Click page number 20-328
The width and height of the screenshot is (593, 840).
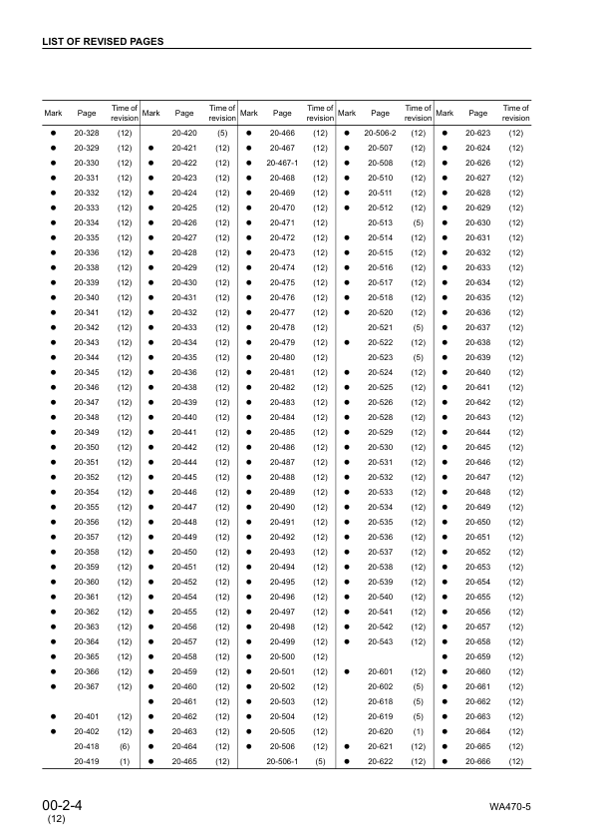click(87, 133)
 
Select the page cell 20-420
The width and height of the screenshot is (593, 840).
click(184, 133)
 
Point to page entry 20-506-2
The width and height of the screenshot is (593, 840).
click(380, 133)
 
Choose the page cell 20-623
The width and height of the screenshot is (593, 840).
click(477, 133)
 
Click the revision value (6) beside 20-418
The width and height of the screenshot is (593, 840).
click(125, 746)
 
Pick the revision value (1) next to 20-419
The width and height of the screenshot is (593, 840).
click(125, 761)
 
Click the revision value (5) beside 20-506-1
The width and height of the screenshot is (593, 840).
click(320, 761)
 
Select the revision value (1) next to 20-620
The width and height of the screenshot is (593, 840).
click(419, 731)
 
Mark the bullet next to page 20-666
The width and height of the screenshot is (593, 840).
click(445, 761)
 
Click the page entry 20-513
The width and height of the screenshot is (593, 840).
click(380, 222)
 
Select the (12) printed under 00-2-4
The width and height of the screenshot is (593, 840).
click(56, 819)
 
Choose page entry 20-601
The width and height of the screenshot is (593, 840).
click(380, 671)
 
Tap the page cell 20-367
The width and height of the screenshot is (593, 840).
click(87, 686)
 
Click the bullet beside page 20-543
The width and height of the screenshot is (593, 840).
click(347, 641)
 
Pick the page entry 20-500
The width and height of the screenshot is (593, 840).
click(282, 656)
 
